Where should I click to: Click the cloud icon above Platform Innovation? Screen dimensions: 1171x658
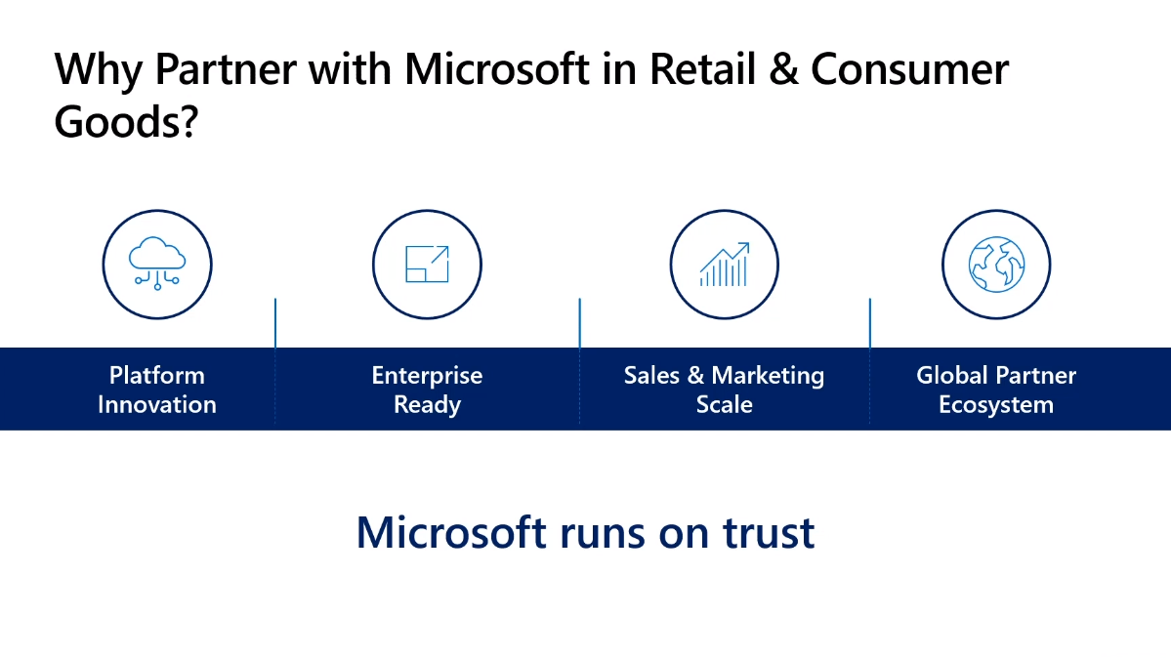coord(157,264)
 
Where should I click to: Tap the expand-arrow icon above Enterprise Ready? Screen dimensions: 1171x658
coord(427,264)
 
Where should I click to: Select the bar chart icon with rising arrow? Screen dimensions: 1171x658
coord(725,265)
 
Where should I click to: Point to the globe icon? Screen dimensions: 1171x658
coord(996,265)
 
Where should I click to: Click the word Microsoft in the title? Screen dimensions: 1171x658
coord(497,69)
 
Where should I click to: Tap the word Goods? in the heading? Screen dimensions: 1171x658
coord(126,122)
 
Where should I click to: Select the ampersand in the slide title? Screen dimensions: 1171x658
coord(783,69)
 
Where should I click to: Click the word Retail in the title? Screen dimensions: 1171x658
coord(703,69)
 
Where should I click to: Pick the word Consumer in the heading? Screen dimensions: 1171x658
coord(909,69)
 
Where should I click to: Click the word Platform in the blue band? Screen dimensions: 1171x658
coord(157,375)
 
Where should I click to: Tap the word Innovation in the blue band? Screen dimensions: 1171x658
coord(157,405)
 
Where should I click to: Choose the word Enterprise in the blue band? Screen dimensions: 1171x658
coord(427,375)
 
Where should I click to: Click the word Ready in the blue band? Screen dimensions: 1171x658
coord(427,405)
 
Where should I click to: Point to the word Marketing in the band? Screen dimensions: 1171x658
coord(768,376)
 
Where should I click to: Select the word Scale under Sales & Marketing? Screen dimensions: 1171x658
coord(725,405)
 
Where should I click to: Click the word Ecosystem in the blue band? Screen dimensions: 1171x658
coord(996,405)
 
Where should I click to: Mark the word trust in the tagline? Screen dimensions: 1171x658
coord(769,533)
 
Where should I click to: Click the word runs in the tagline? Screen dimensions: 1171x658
coord(603,535)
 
